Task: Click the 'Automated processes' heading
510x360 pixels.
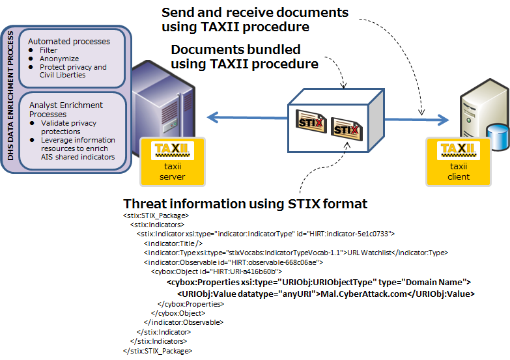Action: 69,41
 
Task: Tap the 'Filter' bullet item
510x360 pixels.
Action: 49,50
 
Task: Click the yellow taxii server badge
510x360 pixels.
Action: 173,160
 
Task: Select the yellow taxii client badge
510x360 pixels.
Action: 459,160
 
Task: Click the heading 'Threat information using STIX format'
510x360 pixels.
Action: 245,204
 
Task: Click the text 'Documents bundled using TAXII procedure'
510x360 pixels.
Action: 244,57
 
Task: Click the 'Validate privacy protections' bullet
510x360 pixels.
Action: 68,127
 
